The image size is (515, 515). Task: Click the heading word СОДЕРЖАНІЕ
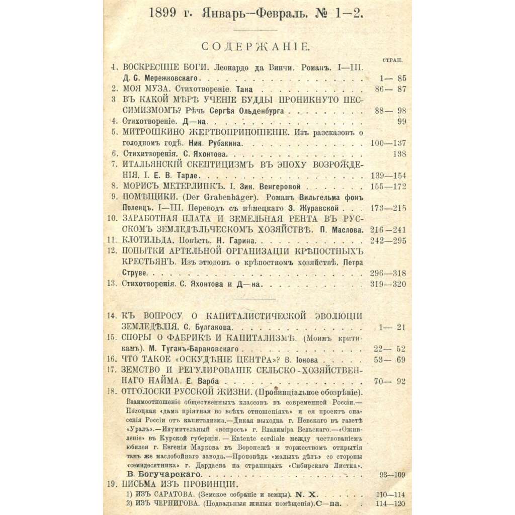[255, 47]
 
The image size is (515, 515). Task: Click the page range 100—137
[388, 143]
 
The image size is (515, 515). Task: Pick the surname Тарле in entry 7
[193, 176]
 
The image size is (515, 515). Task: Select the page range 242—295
[388, 241]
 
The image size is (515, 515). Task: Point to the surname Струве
[135, 273]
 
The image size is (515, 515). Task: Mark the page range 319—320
[388, 284]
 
